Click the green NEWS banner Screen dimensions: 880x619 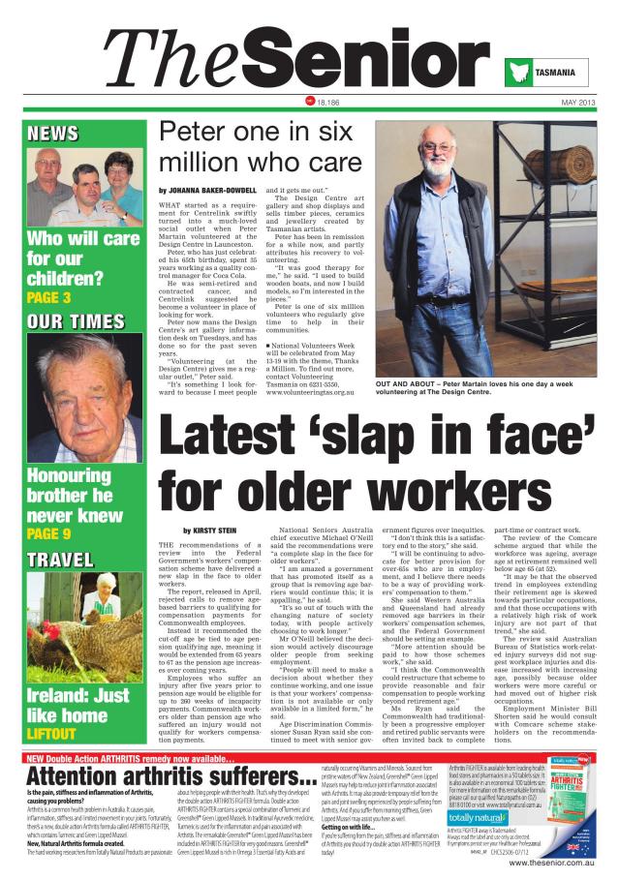[53, 134]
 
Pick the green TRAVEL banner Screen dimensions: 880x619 [60, 560]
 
